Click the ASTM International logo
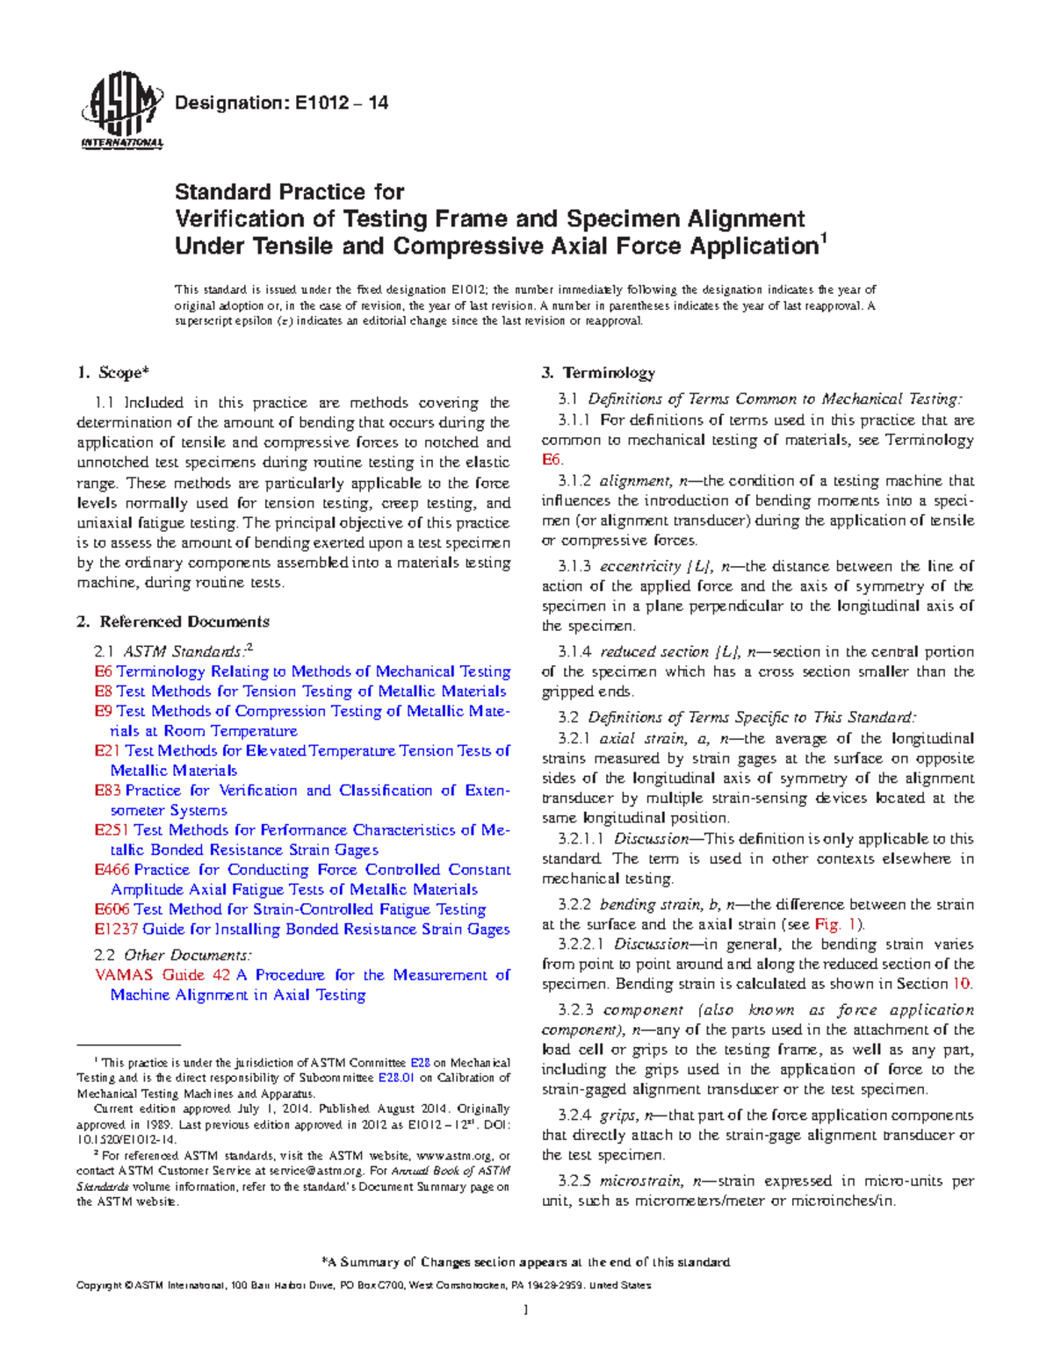point(121,110)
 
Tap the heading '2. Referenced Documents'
point(173,622)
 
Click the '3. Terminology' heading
point(597,373)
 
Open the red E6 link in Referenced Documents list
point(103,671)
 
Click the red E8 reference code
point(103,692)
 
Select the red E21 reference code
point(107,751)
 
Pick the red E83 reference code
point(107,791)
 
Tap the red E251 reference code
point(112,830)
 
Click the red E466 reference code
point(112,870)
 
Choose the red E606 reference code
point(112,910)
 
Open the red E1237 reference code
point(116,929)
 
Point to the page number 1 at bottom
point(525,1311)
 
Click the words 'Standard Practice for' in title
point(289,192)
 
